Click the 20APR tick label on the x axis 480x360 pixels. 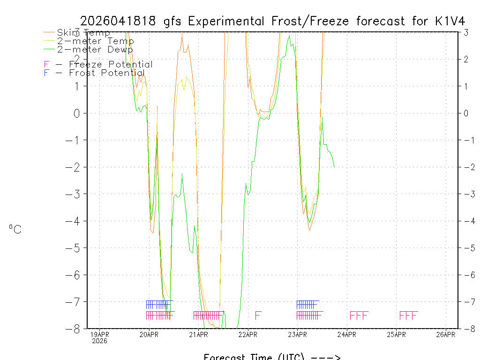[x=149, y=335]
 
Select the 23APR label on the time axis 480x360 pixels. [x=297, y=335]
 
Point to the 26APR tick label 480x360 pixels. [x=445, y=335]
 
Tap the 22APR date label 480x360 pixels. [x=248, y=335]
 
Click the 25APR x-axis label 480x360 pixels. [x=396, y=335]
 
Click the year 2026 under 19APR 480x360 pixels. [x=99, y=341]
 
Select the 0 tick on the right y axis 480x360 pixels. [x=466, y=113]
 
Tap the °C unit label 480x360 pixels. [x=15, y=230]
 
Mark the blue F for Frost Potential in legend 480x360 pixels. [x=46, y=73]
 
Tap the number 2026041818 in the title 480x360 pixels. [x=119, y=21]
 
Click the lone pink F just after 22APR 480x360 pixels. [x=258, y=315]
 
